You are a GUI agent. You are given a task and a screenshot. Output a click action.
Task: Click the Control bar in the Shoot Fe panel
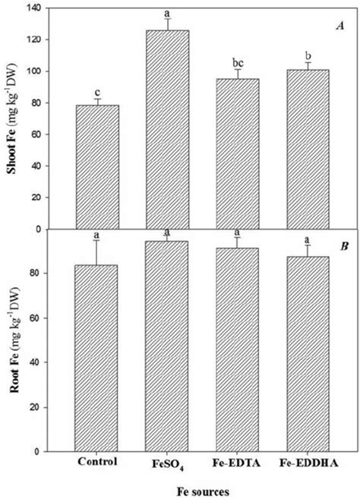click(97, 167)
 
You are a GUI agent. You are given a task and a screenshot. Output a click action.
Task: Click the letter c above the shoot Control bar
click(97, 92)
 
